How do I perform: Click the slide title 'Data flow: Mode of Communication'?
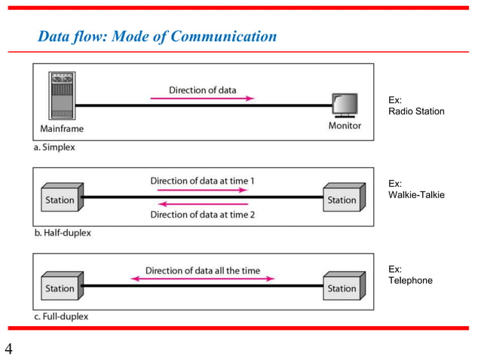(x=158, y=37)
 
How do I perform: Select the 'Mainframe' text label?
(x=63, y=128)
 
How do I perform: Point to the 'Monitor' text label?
(x=345, y=126)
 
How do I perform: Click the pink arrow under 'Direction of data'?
(x=202, y=98)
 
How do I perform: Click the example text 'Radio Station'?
(x=416, y=111)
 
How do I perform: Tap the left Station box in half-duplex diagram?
(x=60, y=200)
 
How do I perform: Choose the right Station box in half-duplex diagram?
(x=341, y=200)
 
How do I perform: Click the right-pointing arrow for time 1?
(x=202, y=191)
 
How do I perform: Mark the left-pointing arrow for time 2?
(x=202, y=203)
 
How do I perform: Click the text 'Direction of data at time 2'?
(x=202, y=215)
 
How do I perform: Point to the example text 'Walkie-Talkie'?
(x=416, y=195)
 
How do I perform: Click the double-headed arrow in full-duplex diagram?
(x=202, y=279)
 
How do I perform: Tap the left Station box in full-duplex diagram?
(x=60, y=288)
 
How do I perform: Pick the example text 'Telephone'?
(x=410, y=280)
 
